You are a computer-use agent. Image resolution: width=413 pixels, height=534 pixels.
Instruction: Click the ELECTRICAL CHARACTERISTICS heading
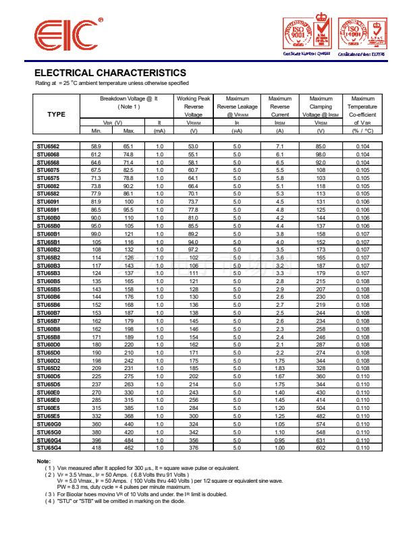pos(110,73)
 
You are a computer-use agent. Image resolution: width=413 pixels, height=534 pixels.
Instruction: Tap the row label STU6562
pos(48,146)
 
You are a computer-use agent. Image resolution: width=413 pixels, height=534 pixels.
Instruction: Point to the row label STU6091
pos(48,202)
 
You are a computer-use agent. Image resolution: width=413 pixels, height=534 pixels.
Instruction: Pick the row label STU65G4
pos(49,448)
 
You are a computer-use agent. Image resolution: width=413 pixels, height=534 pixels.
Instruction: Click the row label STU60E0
pos(49,392)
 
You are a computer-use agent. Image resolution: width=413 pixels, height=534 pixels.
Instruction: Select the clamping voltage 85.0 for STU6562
pos(321,146)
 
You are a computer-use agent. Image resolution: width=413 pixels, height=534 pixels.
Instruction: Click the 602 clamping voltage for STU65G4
pos(321,448)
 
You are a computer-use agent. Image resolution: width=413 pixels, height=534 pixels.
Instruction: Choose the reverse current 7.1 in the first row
pos(280,146)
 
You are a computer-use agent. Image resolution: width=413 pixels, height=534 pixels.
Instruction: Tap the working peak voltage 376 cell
pos(194,448)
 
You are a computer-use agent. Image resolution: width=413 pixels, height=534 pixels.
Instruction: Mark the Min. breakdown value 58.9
pos(96,146)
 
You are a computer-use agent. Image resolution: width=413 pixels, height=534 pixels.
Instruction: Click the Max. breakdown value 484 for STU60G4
pos(129,440)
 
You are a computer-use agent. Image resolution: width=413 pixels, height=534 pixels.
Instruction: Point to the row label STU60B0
pos(49,218)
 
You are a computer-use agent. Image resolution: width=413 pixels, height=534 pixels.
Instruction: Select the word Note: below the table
pos(43,461)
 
